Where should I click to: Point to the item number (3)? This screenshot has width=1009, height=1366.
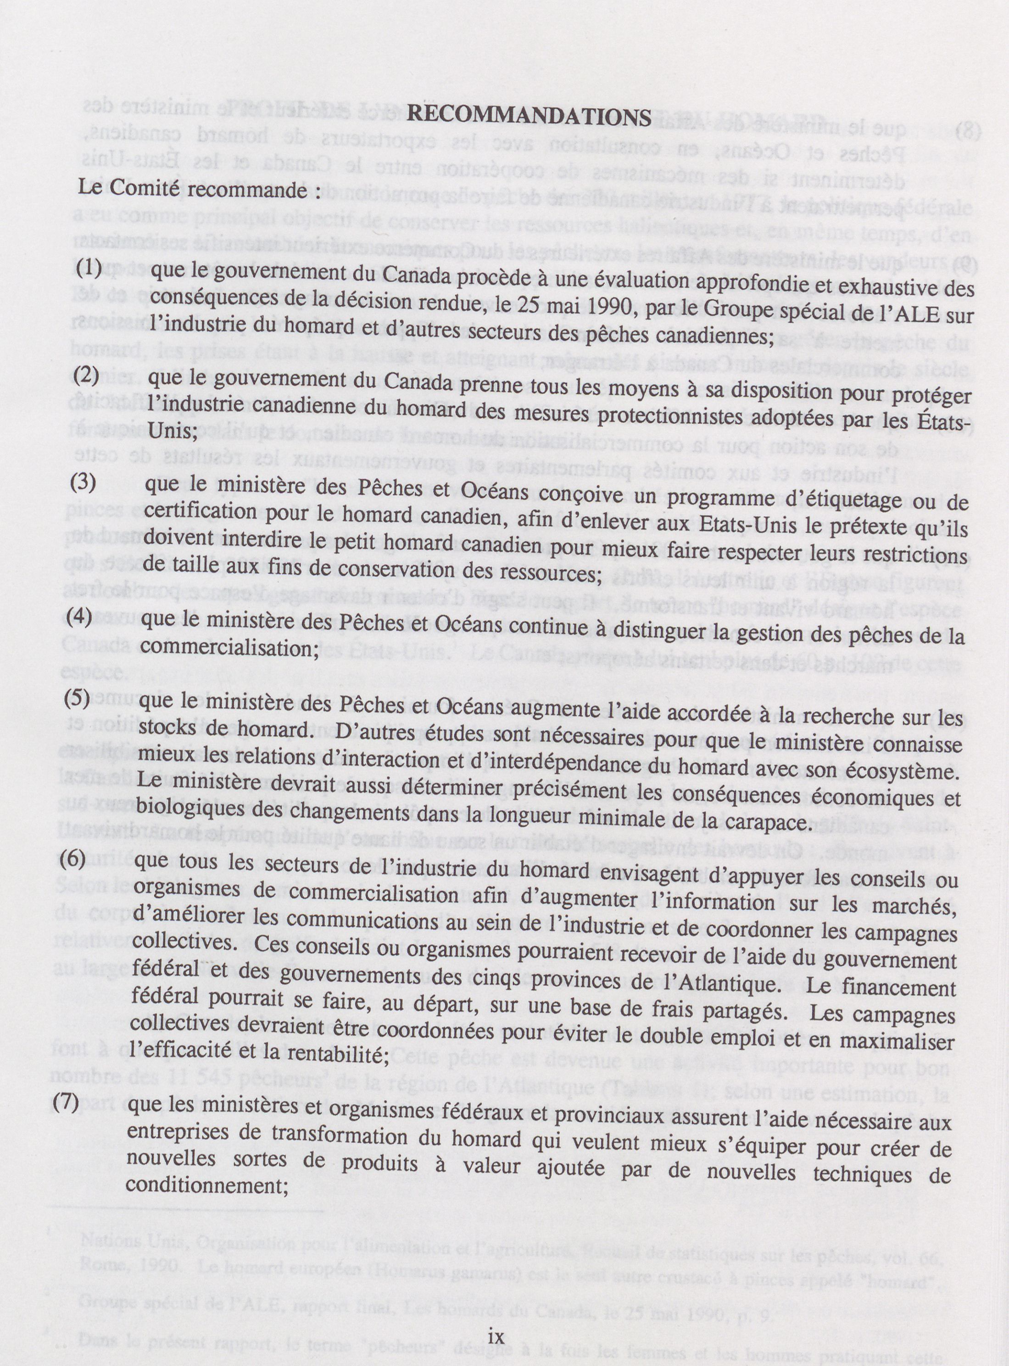tap(83, 481)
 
